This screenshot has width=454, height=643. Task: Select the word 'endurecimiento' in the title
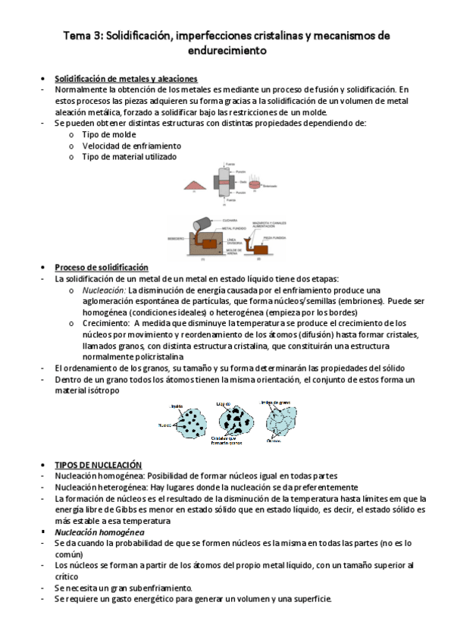pyautogui.click(x=227, y=52)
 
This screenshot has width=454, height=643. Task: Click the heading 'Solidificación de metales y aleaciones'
pyautogui.click(x=126, y=79)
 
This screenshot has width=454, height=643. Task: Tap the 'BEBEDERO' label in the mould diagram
pyautogui.click(x=175, y=238)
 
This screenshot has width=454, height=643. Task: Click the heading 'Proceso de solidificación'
pyautogui.click(x=102, y=267)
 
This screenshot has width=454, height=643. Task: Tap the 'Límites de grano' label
pyautogui.click(x=285, y=402)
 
